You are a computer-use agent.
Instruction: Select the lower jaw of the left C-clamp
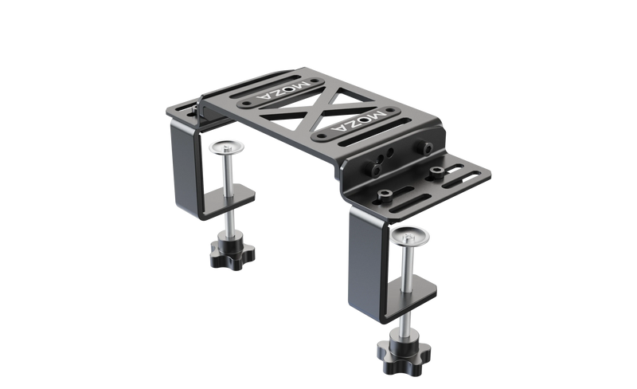(x=239, y=199)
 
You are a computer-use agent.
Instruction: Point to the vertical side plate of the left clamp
(x=185, y=167)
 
